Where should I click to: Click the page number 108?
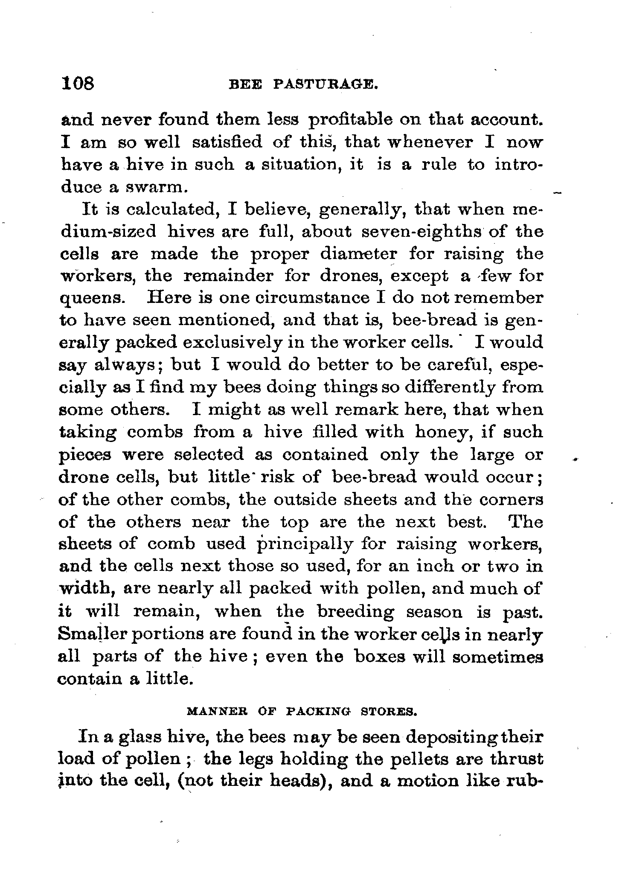coord(78,83)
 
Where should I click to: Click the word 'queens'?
coord(91,299)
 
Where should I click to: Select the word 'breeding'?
coord(356,612)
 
